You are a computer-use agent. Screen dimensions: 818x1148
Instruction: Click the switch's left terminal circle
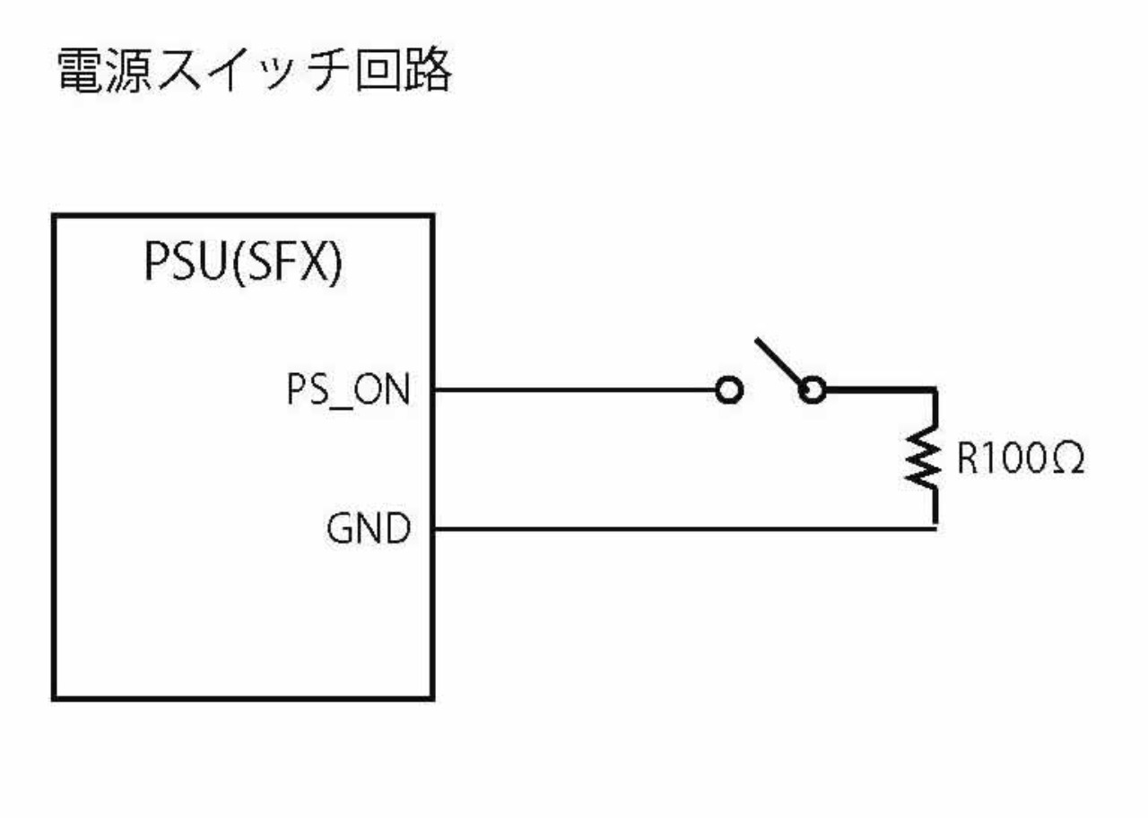point(730,391)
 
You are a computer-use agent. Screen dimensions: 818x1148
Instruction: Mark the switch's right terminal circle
point(813,391)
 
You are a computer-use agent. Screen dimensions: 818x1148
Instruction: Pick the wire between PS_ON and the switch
point(574,391)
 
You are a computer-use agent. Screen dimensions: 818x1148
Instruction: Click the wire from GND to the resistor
point(682,527)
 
